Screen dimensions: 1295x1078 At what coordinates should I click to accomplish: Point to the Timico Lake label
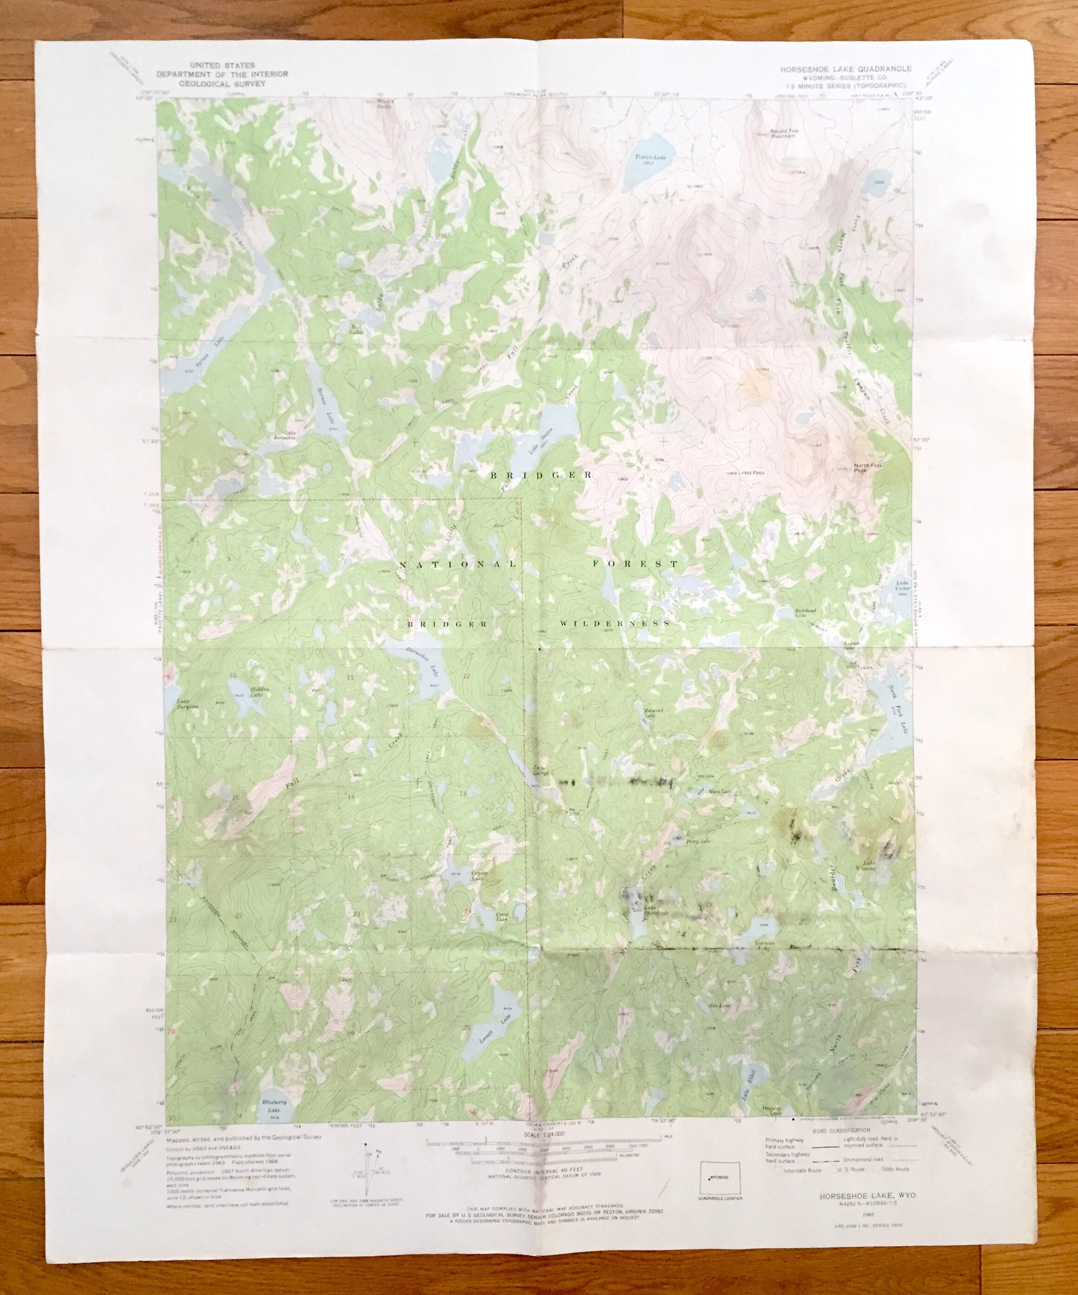[x=646, y=158]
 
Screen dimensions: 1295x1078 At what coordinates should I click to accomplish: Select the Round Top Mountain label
[x=783, y=135]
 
